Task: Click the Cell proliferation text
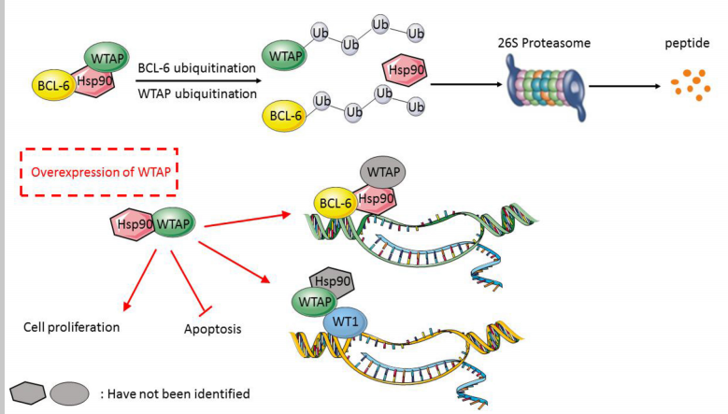pos(72,328)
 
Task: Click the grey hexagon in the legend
pos(27,392)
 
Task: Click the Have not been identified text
pos(175,393)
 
